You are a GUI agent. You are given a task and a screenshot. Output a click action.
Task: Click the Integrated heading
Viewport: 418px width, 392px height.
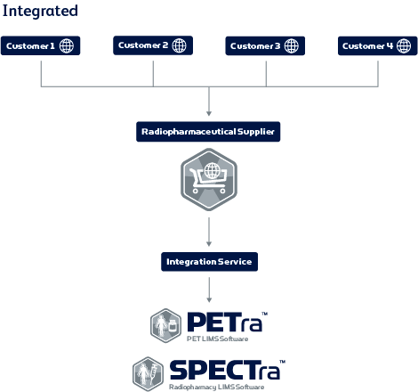point(40,12)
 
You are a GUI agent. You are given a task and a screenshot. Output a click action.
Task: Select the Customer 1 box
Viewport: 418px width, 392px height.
point(40,45)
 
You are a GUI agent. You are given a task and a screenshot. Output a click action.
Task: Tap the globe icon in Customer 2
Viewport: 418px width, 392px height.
point(180,45)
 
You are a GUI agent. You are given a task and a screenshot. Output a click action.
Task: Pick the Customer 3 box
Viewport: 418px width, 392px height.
point(265,45)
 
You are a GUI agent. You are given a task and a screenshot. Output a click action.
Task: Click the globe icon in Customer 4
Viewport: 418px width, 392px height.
point(404,46)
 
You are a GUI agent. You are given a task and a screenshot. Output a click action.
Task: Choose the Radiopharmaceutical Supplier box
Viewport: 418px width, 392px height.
point(208,132)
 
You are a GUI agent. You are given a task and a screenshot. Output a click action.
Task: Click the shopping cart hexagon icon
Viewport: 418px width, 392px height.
point(209,179)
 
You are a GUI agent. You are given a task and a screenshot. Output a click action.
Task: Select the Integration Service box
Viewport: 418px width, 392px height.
point(209,262)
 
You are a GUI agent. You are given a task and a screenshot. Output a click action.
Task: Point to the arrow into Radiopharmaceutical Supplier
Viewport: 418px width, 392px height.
point(209,102)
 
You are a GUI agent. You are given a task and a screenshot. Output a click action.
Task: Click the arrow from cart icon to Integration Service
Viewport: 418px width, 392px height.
point(209,232)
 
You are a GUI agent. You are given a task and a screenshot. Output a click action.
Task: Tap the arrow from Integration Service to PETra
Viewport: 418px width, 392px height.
point(209,290)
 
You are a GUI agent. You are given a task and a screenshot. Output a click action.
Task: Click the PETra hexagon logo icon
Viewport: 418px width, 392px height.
point(165,325)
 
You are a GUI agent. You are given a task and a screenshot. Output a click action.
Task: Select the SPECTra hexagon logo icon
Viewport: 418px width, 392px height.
point(148,374)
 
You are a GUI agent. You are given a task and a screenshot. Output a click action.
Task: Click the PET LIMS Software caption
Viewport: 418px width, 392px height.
point(217,339)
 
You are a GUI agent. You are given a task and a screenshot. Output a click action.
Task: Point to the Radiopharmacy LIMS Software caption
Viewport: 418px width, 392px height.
point(216,387)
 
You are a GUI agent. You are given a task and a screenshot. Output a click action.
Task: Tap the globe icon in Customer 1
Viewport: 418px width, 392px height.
point(67,46)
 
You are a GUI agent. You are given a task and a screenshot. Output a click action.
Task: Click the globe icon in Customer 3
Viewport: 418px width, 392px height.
point(292,46)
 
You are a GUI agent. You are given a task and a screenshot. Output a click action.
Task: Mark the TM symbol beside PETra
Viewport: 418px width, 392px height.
point(264,314)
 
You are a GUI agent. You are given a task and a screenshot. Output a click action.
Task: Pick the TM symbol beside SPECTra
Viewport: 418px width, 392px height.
point(282,362)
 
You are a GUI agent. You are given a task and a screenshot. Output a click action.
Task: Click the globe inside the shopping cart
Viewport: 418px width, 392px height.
point(213,171)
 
